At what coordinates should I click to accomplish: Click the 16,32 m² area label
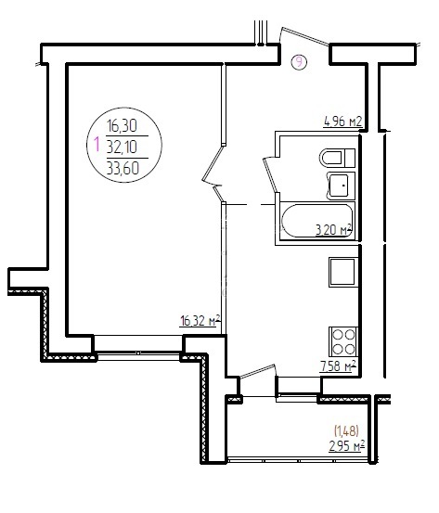pos(200,321)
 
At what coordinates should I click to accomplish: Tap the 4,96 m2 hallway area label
pos(343,122)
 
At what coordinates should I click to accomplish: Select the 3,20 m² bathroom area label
pos(334,230)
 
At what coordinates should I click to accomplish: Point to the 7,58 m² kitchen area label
pos(338,366)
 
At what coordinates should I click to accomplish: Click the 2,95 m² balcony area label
pos(347,446)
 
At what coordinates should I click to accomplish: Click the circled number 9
pos(299,62)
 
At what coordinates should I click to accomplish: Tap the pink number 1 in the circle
pos(97,145)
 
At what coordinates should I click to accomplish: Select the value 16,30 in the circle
pos(122,125)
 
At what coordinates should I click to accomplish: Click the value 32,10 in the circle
pos(122,147)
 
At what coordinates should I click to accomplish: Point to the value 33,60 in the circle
pos(123,169)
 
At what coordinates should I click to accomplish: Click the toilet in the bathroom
pos(337,158)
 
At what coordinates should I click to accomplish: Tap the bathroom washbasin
pos(341,186)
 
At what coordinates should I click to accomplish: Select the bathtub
pos(317,221)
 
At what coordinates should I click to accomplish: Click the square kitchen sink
pos(342,272)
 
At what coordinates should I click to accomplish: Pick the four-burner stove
pos(343,341)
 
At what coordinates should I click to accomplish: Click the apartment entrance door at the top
pos(304,36)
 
